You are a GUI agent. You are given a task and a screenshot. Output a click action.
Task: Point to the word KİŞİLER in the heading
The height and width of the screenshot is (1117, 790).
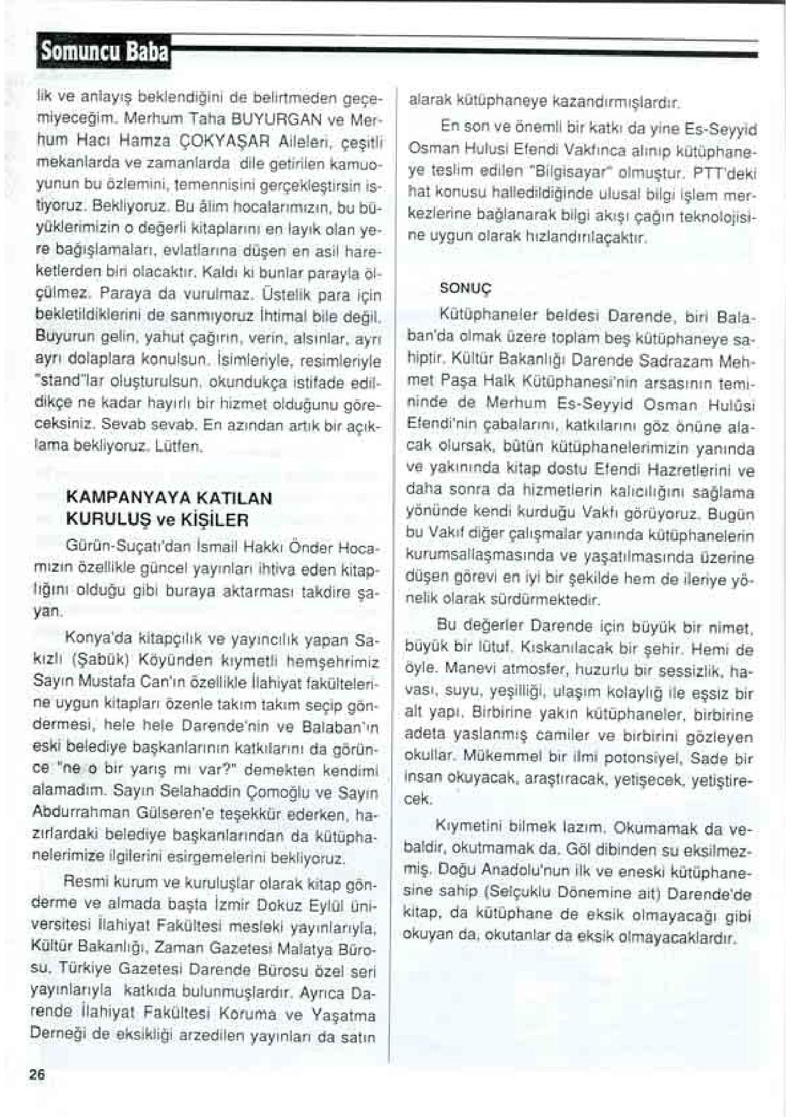(219, 519)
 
